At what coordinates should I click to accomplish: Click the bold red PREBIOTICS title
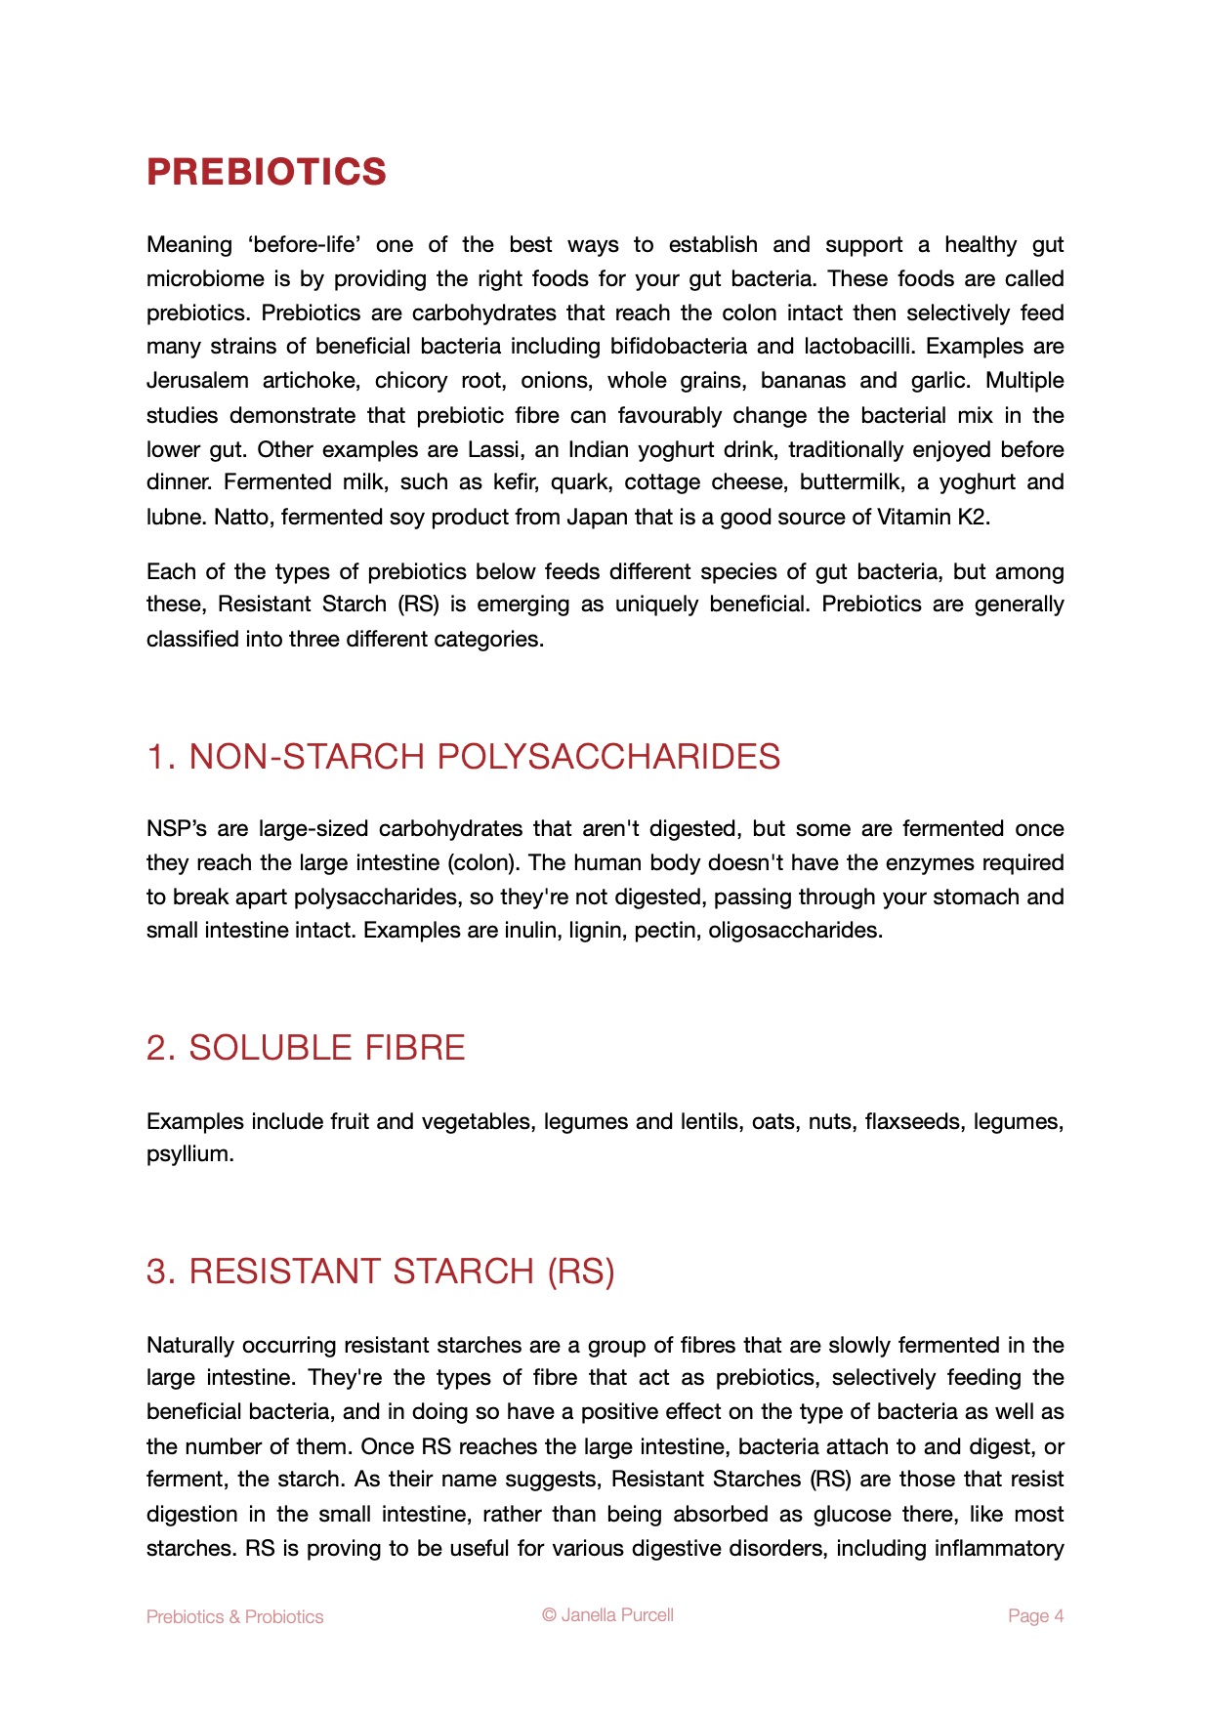[267, 172]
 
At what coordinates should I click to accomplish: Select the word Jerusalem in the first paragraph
[197, 380]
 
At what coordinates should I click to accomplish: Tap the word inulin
[533, 930]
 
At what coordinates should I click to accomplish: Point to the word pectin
[664, 930]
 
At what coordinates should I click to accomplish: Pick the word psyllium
[189, 1154]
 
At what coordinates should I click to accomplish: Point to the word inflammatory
[999, 1548]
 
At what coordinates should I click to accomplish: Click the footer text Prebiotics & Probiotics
[234, 1616]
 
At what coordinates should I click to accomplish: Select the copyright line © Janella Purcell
[607, 1614]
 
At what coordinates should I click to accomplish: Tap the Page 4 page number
[1035, 1616]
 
